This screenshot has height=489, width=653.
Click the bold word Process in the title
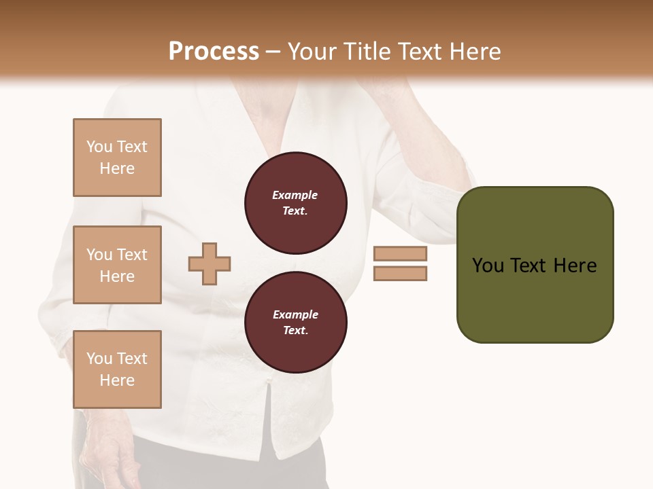coord(214,51)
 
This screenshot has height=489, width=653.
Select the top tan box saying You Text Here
coord(117,158)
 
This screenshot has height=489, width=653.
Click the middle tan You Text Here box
coord(117,265)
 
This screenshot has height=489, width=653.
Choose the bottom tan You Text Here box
coord(117,369)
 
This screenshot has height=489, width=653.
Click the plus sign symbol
coord(210,264)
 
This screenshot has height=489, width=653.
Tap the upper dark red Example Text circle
coord(295,202)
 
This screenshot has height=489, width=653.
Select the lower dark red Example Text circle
coord(295,322)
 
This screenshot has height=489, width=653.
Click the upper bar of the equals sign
coord(400,254)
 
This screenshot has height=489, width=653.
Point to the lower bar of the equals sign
coord(400,274)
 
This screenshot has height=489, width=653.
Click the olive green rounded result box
coord(535,265)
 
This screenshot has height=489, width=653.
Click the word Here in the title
coord(476,51)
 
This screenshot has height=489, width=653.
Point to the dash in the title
coord(273,52)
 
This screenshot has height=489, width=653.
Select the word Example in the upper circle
coord(295,195)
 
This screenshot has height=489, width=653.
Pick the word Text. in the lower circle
coord(295,330)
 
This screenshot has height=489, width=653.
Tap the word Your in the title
coord(312,51)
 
